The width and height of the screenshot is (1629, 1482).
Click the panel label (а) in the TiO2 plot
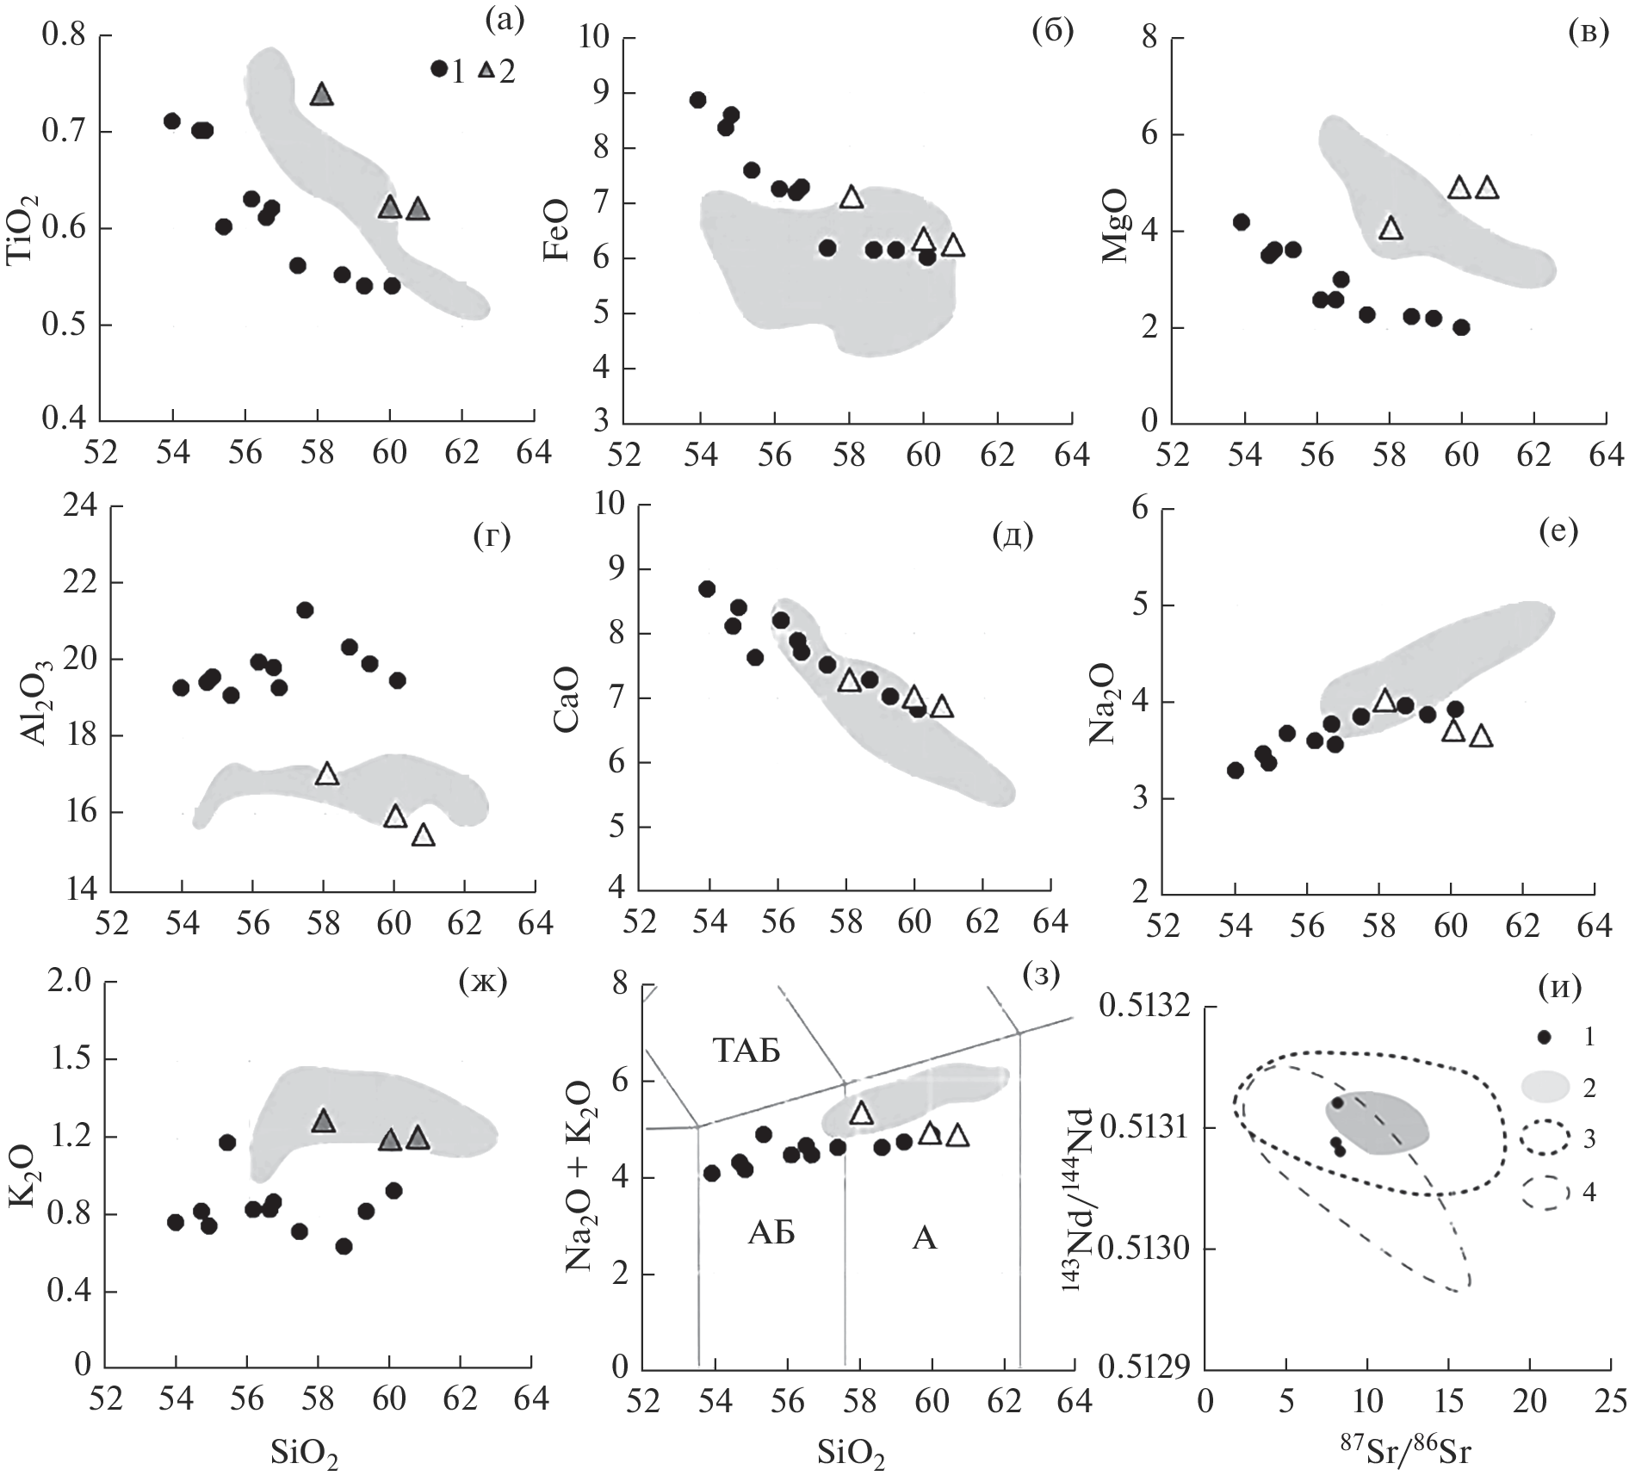click(x=505, y=20)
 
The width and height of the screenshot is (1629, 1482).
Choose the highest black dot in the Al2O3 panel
click(x=305, y=611)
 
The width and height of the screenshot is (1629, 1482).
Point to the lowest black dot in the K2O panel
click(x=344, y=1246)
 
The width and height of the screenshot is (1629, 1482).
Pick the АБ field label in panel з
click(x=771, y=1234)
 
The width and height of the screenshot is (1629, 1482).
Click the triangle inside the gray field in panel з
click(x=861, y=1113)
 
